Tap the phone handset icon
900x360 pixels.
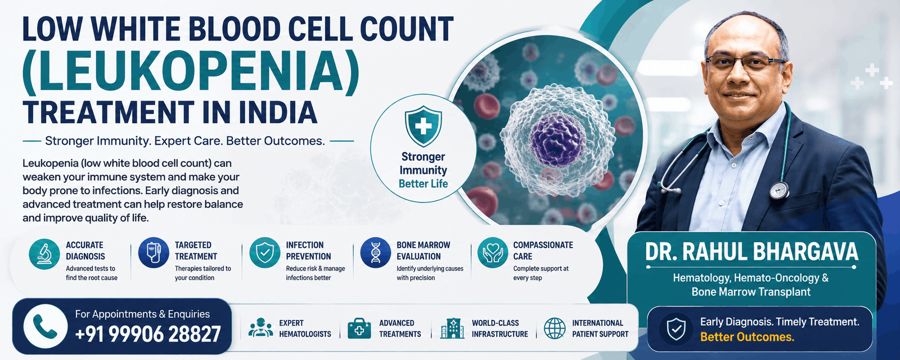[x=46, y=326]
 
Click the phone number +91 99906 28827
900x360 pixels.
[x=148, y=334]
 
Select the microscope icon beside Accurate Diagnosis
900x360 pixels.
[x=44, y=254]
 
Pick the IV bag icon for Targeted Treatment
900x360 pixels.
[x=154, y=253]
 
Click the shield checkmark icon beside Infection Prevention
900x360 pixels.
[x=265, y=253]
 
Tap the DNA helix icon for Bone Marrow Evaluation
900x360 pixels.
[x=376, y=253]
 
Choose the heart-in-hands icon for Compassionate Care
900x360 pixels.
[x=493, y=253]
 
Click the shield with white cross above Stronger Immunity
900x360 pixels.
[x=423, y=126]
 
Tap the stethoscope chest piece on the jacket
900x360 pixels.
[x=779, y=190]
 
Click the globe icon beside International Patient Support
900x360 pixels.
[x=555, y=328]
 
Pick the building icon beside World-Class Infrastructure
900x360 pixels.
[x=452, y=328]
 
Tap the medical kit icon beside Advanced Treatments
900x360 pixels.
[x=359, y=328]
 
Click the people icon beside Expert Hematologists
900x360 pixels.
[x=260, y=327]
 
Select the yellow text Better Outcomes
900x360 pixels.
[x=748, y=337]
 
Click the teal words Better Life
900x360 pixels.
[x=423, y=184]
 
